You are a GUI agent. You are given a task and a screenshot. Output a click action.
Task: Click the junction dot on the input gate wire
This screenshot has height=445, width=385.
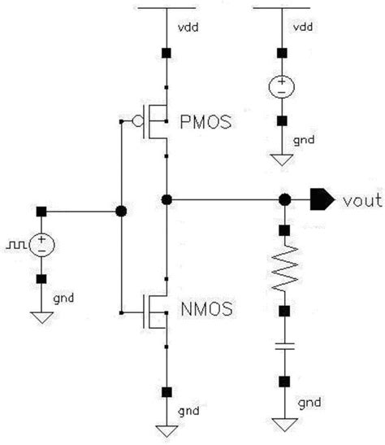pyautogui.click(x=121, y=212)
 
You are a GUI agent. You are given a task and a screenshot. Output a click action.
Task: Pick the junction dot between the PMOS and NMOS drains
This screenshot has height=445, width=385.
pyautogui.click(x=167, y=199)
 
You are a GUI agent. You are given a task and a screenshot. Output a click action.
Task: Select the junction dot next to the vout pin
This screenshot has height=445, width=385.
pyautogui.click(x=284, y=199)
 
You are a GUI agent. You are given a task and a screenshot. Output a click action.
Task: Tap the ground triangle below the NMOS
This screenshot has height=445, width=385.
pyautogui.click(x=167, y=431)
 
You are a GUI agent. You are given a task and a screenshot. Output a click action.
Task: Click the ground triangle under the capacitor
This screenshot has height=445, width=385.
pyautogui.click(x=284, y=425)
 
